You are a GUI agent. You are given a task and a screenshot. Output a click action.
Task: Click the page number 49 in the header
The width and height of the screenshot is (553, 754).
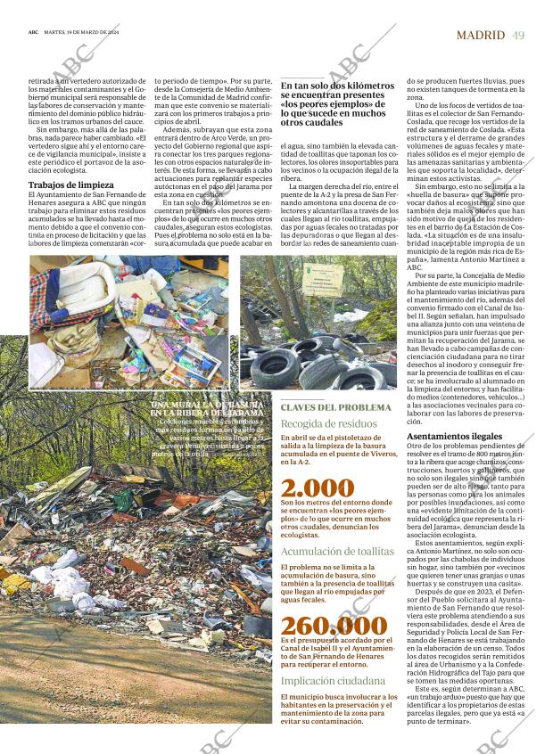coord(519,35)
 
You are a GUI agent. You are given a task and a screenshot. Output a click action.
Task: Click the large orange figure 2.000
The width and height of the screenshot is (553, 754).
coord(317,488)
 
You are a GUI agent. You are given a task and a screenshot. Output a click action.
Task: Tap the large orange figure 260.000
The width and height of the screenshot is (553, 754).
coord(334,625)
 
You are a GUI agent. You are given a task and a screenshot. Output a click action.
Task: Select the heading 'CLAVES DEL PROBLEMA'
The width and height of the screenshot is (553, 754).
coord(335,407)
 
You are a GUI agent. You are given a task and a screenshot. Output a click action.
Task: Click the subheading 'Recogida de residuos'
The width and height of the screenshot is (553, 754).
coord(328,423)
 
